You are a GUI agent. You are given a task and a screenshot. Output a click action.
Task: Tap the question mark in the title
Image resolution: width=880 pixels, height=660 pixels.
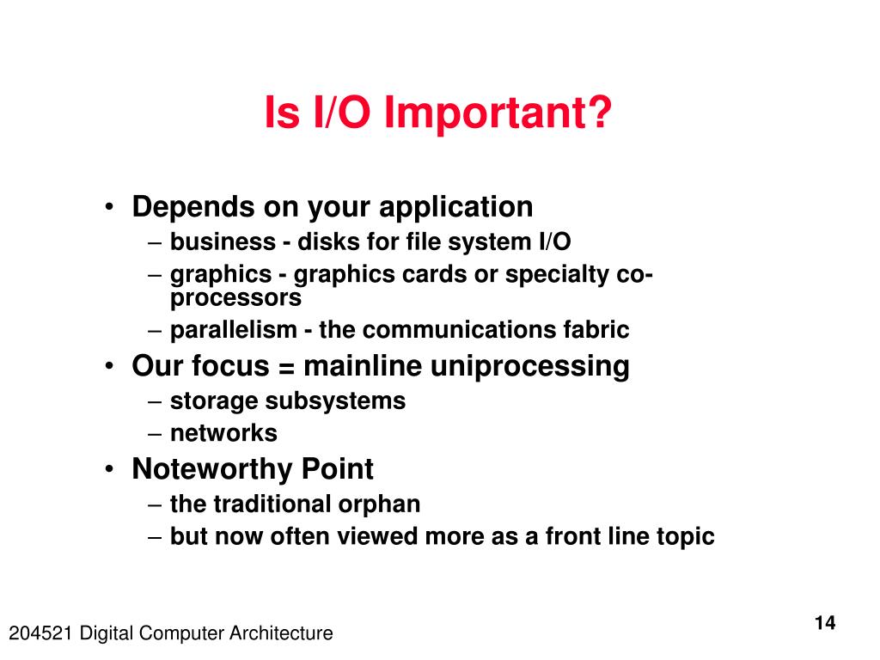599,111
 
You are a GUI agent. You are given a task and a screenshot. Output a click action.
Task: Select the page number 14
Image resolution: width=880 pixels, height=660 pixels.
824,623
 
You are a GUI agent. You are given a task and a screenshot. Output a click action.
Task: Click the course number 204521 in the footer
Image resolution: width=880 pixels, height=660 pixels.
40,633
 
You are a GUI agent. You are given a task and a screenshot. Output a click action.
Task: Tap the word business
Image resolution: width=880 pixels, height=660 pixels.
223,241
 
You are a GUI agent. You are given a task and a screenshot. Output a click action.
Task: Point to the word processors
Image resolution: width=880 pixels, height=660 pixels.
235,298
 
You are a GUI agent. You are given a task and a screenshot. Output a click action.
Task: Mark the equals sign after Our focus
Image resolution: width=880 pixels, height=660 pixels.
286,368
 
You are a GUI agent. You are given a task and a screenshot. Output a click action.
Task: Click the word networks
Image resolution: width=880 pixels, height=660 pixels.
223,433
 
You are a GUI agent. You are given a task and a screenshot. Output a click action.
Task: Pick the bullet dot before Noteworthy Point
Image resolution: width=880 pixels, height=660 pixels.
109,468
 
